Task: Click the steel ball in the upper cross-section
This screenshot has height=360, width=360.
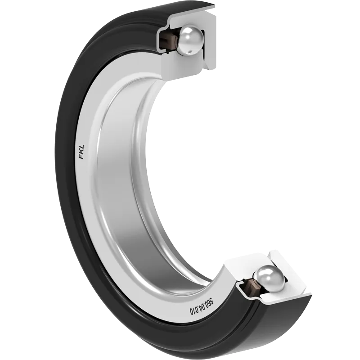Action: [x=191, y=40]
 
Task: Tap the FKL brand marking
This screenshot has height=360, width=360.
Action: [x=82, y=152]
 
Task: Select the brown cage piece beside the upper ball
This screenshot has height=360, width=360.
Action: [x=171, y=39]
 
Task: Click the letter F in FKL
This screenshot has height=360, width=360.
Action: [x=82, y=157]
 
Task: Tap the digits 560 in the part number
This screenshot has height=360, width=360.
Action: [x=210, y=300]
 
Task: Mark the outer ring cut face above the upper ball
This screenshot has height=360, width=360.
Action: [x=192, y=16]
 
